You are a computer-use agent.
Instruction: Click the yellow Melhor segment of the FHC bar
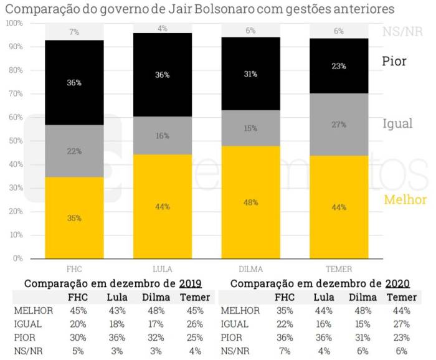pyautogui.click(x=74, y=218)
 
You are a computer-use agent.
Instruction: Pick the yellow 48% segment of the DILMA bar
pyautogui.click(x=250, y=202)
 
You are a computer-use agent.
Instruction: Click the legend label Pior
pyautogui.click(x=394, y=61)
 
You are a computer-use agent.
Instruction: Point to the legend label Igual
pyautogui.click(x=397, y=123)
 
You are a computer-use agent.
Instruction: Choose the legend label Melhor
pyautogui.click(x=405, y=200)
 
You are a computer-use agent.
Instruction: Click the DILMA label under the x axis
pyautogui.click(x=250, y=269)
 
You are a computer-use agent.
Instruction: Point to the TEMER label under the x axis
pyautogui.click(x=339, y=269)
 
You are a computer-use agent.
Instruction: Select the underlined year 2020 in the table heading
pyautogui.click(x=396, y=283)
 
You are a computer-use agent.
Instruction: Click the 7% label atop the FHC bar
pyautogui.click(x=74, y=32)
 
